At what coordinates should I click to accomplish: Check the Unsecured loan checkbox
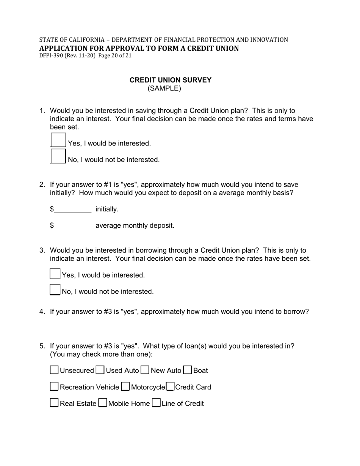pyautogui.click(x=54, y=370)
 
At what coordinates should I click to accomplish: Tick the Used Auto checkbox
pyautogui.click(x=100, y=370)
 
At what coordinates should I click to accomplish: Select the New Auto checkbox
pyautogui.click(x=145, y=370)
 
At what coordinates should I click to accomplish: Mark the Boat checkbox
pyautogui.click(x=187, y=370)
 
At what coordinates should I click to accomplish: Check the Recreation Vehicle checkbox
pyautogui.click(x=54, y=386)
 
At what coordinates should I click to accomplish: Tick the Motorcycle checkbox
pyautogui.click(x=125, y=386)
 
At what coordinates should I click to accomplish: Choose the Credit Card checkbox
pyautogui.click(x=170, y=386)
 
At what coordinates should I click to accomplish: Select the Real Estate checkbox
pyautogui.click(x=54, y=403)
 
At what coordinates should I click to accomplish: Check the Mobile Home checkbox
pyautogui.click(x=102, y=403)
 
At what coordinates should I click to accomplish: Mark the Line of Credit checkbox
pyautogui.click(x=156, y=403)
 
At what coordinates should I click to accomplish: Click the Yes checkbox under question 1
pyautogui.click(x=58, y=140)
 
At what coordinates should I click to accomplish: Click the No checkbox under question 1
pyautogui.click(x=58, y=156)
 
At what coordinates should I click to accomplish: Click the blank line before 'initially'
pyautogui.click(x=73, y=210)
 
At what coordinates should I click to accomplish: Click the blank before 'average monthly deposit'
pyautogui.click(x=73, y=226)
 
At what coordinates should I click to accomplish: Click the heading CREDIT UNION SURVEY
pyautogui.click(x=171, y=80)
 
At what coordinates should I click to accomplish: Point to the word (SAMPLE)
pyautogui.click(x=164, y=88)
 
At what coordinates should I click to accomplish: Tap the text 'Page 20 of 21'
pyautogui.click(x=115, y=55)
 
